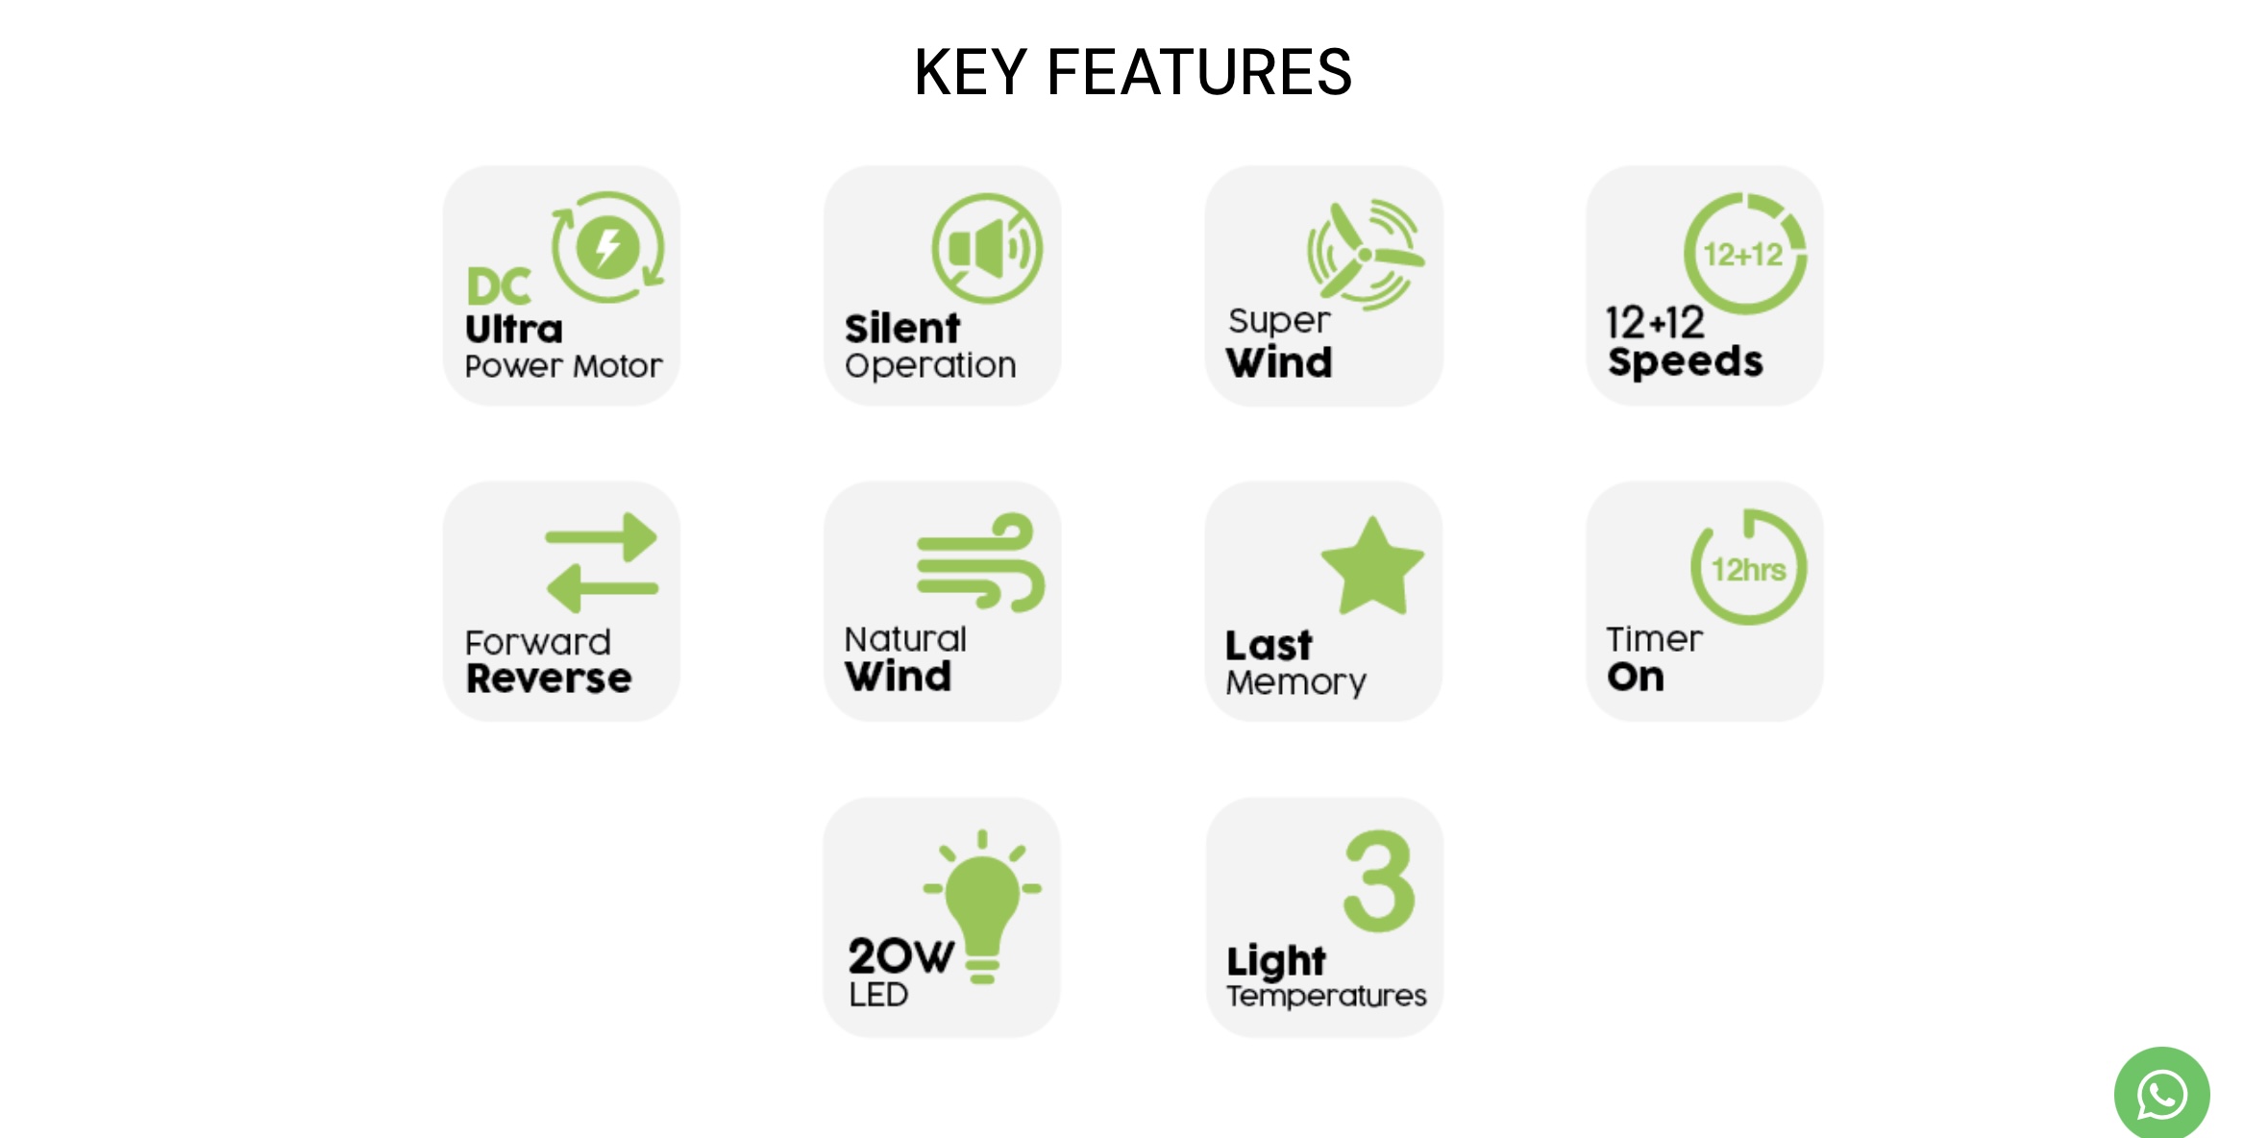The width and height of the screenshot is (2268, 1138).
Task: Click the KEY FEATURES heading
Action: pyautogui.click(x=1133, y=72)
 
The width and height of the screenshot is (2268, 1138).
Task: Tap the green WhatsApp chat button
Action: pyautogui.click(x=2161, y=1094)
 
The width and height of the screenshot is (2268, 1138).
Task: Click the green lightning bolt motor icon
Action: pyautogui.click(x=607, y=247)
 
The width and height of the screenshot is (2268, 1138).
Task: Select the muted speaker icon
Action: pyautogui.click(x=987, y=249)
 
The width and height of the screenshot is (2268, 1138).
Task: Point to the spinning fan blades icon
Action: pyautogui.click(x=1365, y=254)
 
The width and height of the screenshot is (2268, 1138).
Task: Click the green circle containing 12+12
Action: pyautogui.click(x=1744, y=254)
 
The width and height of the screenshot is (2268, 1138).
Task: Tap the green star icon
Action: pyautogui.click(x=1372, y=566)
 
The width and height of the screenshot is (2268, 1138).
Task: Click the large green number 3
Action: pyautogui.click(x=1379, y=881)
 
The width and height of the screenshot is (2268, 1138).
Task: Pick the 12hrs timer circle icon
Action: pyautogui.click(x=1749, y=567)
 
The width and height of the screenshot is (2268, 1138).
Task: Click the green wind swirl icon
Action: pyautogui.click(x=981, y=562)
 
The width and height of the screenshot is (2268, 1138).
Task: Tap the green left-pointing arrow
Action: pyautogui.click(x=603, y=587)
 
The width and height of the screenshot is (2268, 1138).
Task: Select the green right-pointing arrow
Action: pyautogui.click(x=602, y=536)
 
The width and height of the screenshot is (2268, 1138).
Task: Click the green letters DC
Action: pyautogui.click(x=499, y=286)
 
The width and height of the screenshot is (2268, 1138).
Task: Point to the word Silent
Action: pyautogui.click(x=902, y=329)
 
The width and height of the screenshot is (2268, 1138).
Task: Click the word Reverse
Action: pyautogui.click(x=549, y=679)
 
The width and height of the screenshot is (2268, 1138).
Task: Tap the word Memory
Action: pyautogui.click(x=1295, y=682)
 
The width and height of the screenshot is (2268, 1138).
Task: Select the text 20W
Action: pyautogui.click(x=901, y=955)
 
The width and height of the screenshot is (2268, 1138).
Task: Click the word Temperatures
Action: pyautogui.click(x=1326, y=996)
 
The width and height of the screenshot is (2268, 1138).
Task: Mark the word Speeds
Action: pyautogui.click(x=1686, y=362)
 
